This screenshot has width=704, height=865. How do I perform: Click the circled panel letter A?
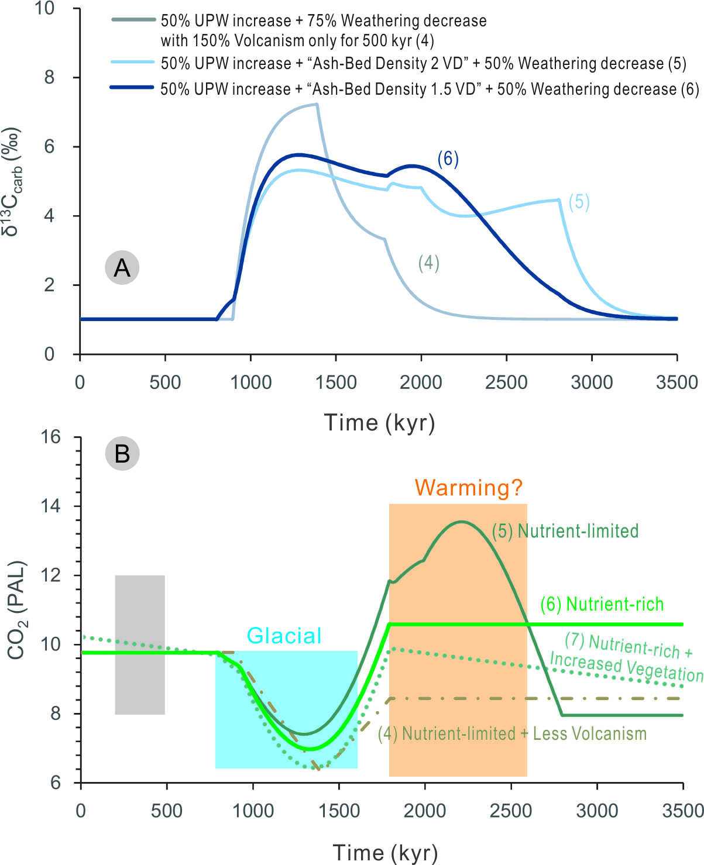(122, 267)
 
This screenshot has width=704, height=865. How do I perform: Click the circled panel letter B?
(122, 453)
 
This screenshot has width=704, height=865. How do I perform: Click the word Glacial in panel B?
(284, 636)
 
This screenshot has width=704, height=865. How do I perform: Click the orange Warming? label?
(468, 487)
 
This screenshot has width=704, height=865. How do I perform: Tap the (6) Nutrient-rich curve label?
(602, 604)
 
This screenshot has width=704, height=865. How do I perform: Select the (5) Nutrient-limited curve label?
(565, 530)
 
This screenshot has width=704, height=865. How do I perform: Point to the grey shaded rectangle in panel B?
(140, 645)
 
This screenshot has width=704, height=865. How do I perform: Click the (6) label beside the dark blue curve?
(448, 159)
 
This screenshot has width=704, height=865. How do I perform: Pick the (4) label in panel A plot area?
(428, 263)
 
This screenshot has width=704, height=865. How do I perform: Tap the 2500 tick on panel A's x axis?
(506, 382)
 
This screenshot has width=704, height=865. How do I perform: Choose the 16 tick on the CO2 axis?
(50, 437)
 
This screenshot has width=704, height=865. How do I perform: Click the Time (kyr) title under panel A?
(379, 422)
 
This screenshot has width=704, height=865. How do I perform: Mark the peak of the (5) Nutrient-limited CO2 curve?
(461, 521)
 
